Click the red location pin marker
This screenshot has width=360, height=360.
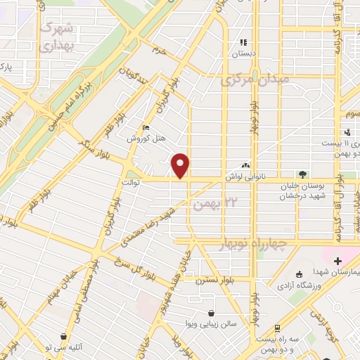[x=181, y=165]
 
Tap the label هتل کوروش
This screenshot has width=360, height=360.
[x=146, y=139]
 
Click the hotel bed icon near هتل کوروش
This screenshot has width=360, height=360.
[x=146, y=128]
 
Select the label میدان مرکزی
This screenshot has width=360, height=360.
[x=255, y=80]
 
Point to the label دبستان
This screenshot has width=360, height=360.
[x=245, y=53]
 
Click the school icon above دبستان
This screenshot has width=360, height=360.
[x=245, y=42]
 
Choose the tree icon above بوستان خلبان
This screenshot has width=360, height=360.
[x=302, y=174]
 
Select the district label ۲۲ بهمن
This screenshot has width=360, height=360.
[x=209, y=204]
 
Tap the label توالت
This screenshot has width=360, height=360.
[x=131, y=182]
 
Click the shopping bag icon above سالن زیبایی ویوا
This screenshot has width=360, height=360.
[x=211, y=314]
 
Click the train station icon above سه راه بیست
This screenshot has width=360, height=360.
[x=278, y=328]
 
